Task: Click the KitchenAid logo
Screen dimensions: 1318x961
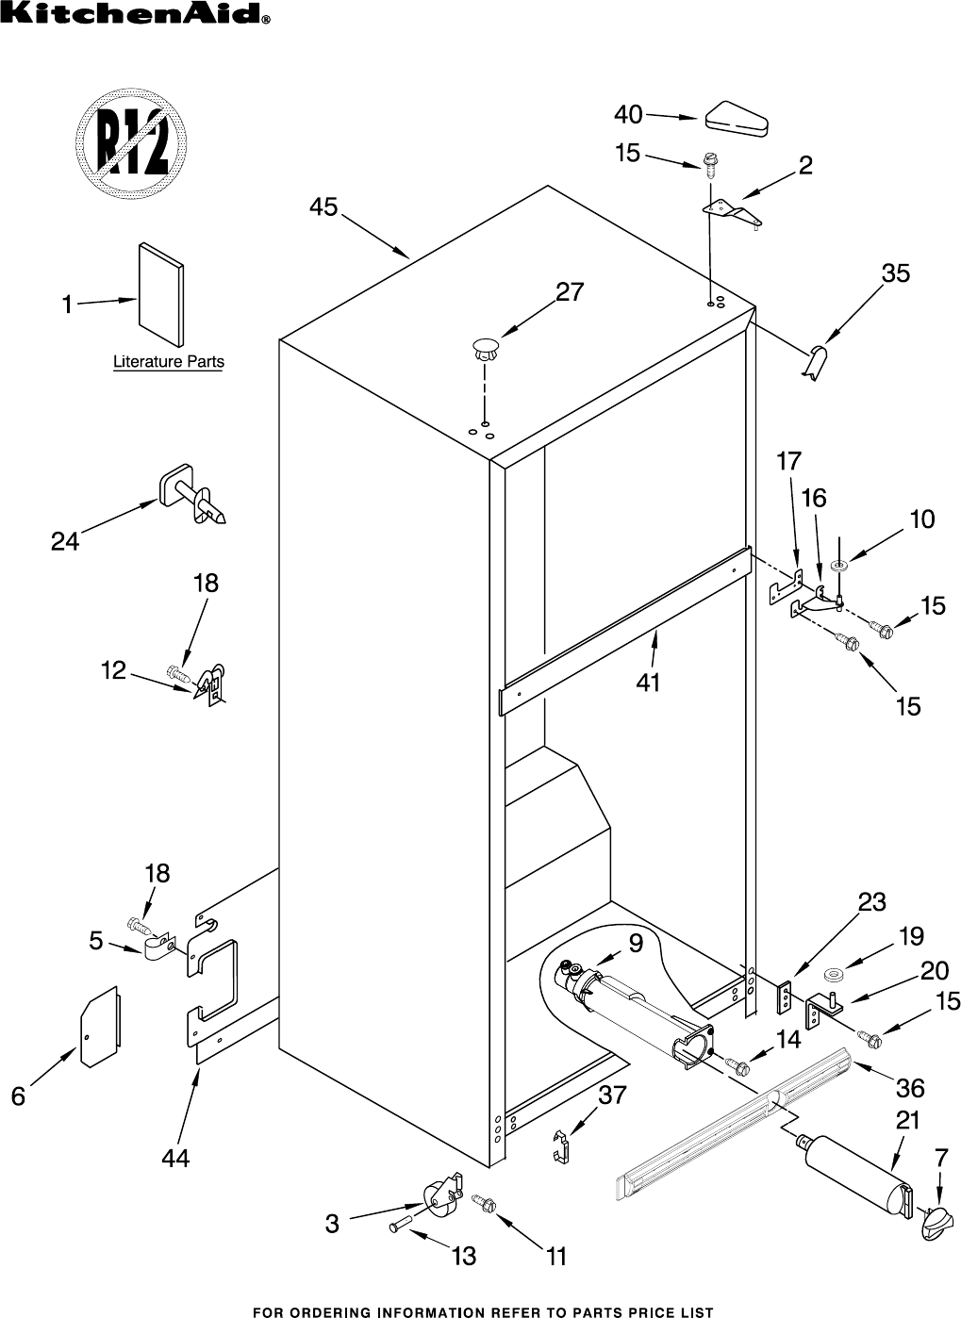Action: (x=138, y=13)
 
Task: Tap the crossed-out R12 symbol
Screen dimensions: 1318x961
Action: (x=125, y=140)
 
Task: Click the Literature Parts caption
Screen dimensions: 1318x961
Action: (x=169, y=361)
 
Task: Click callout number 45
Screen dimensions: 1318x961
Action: (x=323, y=206)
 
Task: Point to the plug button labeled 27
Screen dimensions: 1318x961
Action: (x=486, y=348)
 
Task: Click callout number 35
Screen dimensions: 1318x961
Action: (x=895, y=273)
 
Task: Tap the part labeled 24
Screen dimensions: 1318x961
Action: (x=193, y=497)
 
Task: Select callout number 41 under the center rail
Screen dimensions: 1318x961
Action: (x=648, y=682)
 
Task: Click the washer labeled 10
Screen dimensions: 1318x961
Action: (x=839, y=565)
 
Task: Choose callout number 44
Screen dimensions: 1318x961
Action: (x=175, y=1158)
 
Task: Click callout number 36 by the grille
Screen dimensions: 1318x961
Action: (x=909, y=1088)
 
